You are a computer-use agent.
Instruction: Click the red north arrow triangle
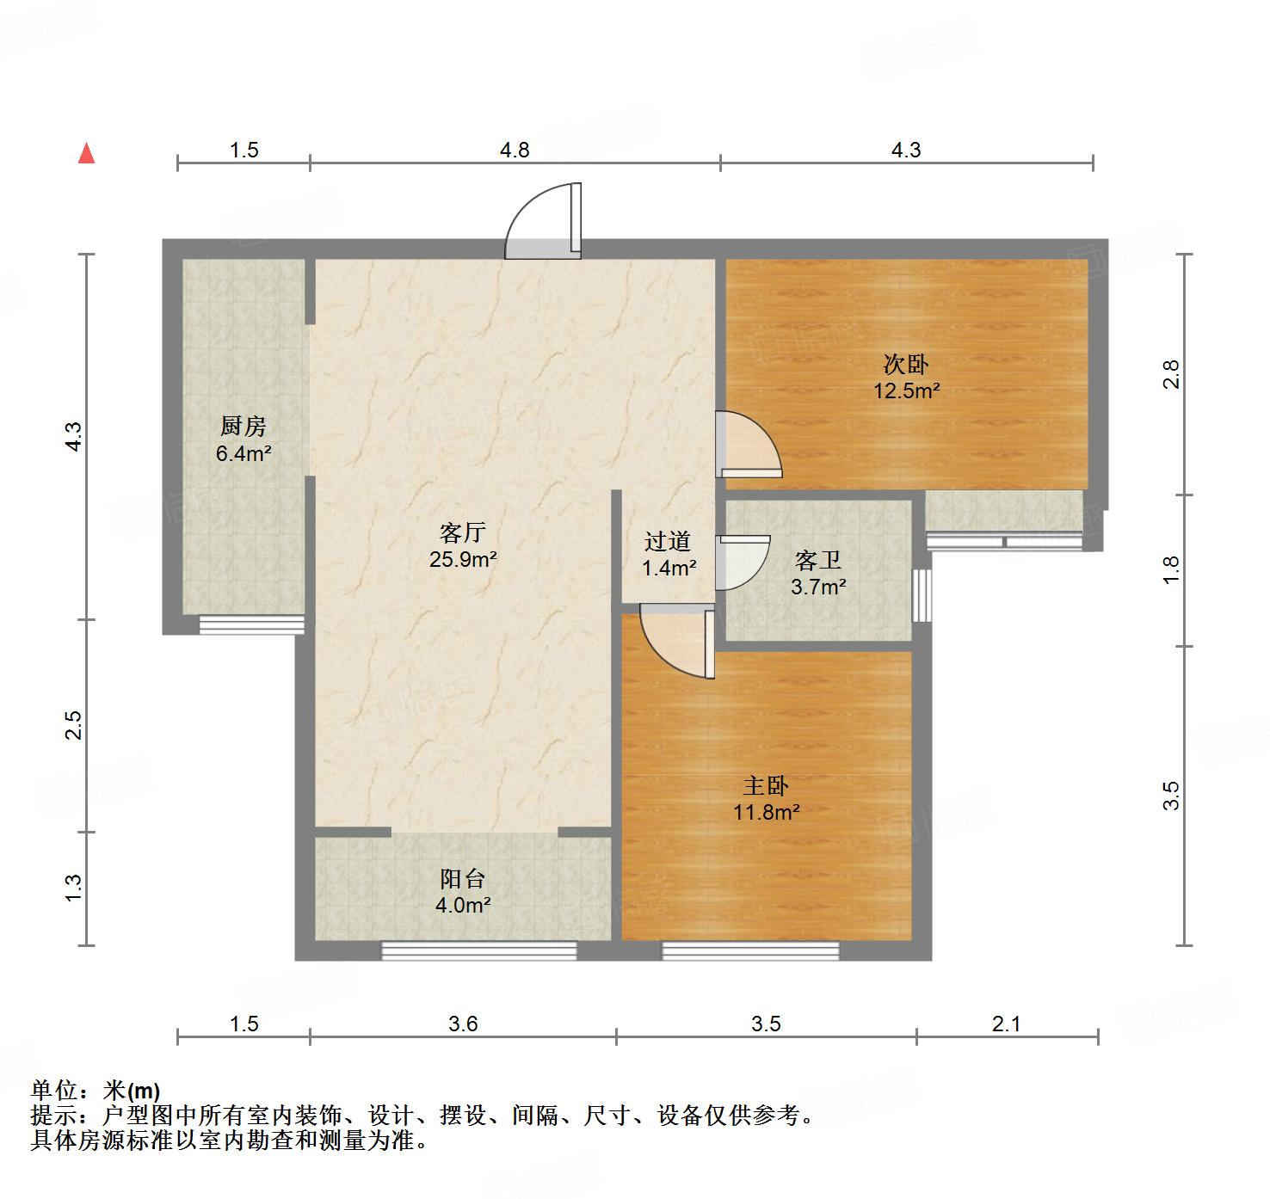click(86, 154)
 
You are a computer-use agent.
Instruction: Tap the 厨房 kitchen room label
click(244, 426)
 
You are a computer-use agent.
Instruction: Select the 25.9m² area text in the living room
click(463, 560)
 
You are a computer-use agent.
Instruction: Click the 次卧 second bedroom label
click(906, 365)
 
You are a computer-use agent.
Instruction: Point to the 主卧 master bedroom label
click(766, 786)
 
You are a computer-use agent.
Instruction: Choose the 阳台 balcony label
click(463, 879)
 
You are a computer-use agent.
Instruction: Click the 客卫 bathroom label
click(817, 562)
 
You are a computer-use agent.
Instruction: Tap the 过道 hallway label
click(668, 542)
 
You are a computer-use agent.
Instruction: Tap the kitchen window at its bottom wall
click(251, 625)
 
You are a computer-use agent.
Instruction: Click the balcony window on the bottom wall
click(478, 950)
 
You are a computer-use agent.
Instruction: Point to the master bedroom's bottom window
click(749, 950)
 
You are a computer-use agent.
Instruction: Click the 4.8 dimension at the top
click(515, 151)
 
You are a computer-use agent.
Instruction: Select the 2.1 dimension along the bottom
click(1006, 1024)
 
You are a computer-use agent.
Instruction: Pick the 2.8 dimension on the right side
click(1171, 374)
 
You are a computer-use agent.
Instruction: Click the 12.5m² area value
click(906, 391)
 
